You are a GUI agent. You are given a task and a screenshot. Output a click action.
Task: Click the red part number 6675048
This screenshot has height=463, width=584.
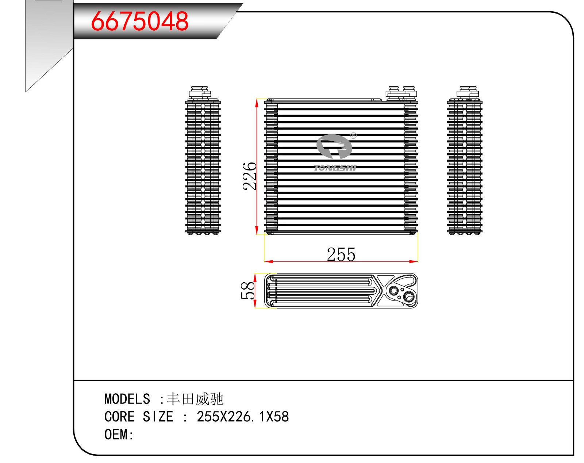pos(139,21)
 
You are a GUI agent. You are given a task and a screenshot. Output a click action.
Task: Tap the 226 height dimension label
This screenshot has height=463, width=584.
pos(250,176)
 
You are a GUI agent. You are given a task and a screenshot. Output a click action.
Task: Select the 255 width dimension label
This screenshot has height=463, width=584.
pos(341,255)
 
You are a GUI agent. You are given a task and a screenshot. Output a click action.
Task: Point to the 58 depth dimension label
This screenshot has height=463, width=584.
pos(248,291)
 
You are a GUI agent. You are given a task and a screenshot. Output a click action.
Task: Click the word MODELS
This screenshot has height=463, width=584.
pos(127,399)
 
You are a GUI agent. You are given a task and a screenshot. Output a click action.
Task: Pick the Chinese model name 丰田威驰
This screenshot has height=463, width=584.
pos(195,399)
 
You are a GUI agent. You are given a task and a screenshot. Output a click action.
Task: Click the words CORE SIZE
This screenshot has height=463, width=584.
pos(139,417)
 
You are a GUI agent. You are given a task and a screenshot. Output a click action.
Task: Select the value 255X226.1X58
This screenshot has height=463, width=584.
pos(243,417)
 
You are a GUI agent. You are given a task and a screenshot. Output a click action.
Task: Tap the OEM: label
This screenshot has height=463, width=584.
pos(119,435)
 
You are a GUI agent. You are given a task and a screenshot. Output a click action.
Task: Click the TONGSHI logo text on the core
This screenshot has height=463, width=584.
pos(335,168)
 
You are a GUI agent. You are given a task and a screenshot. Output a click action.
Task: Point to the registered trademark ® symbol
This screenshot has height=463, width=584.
pos(353,136)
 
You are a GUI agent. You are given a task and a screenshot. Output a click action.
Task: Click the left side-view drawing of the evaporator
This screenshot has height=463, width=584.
pos(203,166)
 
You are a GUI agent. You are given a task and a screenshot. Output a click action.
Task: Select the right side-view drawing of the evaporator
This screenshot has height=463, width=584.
pos(465,166)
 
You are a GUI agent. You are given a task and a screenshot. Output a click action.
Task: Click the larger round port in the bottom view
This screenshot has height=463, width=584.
pos(409,296)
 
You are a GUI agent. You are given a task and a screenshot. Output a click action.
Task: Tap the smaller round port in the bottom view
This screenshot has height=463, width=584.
pos(394,291)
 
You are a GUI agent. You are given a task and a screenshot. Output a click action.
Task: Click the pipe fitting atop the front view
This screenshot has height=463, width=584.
pos(401,93)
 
